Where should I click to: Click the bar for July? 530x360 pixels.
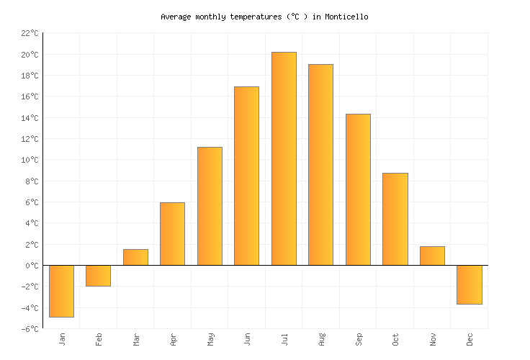pyautogui.click(x=284, y=158)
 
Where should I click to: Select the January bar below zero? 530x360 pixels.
pyautogui.click(x=61, y=291)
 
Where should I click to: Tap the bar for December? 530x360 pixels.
pyautogui.click(x=469, y=284)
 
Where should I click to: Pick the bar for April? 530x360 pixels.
pyautogui.click(x=172, y=234)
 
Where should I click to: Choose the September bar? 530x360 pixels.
pyautogui.click(x=358, y=189)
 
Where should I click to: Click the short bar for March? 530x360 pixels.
pyautogui.click(x=135, y=257)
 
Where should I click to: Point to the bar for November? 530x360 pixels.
pyautogui.click(x=432, y=256)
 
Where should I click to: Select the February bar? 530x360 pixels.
pyautogui.click(x=98, y=276)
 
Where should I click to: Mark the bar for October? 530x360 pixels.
pyautogui.click(x=395, y=219)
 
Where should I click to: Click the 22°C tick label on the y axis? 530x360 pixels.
pyautogui.click(x=30, y=33)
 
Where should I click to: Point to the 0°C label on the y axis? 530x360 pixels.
pyautogui.click(x=32, y=266)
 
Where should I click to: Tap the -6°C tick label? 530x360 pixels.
pyautogui.click(x=30, y=329)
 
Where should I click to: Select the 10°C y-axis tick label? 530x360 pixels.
pyautogui.click(x=30, y=160)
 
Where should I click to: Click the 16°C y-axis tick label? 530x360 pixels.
pyautogui.click(x=30, y=96)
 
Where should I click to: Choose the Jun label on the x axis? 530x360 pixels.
pyautogui.click(x=248, y=339)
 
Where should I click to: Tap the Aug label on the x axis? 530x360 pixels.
pyautogui.click(x=322, y=339)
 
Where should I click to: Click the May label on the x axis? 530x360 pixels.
pyautogui.click(x=210, y=339)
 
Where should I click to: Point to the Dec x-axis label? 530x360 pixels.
pyautogui.click(x=470, y=339)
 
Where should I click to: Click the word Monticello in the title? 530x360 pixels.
pyautogui.click(x=346, y=17)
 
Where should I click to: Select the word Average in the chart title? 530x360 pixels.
pyautogui.click(x=176, y=17)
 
